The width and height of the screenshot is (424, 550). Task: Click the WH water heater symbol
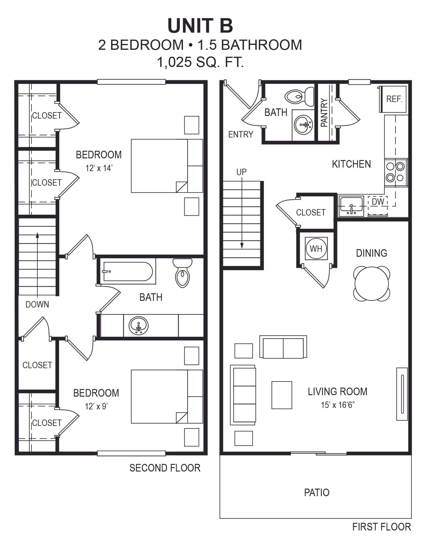[x=316, y=248]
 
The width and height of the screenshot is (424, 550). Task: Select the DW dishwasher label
[x=378, y=202]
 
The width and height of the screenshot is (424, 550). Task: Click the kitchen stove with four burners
[x=396, y=173]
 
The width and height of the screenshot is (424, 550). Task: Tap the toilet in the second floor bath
[x=182, y=273]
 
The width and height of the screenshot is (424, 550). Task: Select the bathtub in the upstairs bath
[x=128, y=271]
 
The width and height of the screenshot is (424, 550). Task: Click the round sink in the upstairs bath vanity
[x=139, y=326]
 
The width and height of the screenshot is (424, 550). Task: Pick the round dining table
[x=372, y=284]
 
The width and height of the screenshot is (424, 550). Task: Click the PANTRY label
[x=324, y=113]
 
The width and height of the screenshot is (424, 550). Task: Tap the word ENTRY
[x=240, y=134]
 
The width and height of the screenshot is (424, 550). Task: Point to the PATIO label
[x=317, y=492]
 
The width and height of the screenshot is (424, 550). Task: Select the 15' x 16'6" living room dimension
[x=338, y=405]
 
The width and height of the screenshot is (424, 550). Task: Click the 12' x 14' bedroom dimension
[x=99, y=168]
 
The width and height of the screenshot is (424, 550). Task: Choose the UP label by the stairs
[x=241, y=172]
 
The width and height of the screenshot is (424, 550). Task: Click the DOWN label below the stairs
[x=37, y=304]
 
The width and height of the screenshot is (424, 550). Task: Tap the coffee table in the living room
[x=282, y=395]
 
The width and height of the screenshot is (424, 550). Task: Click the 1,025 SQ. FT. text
[x=200, y=62]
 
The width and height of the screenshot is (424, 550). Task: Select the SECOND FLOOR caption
[x=165, y=468]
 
